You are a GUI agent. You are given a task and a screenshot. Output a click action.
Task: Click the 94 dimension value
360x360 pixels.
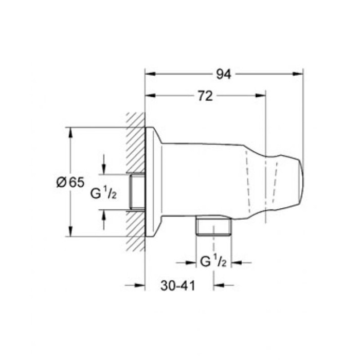[x=223, y=75]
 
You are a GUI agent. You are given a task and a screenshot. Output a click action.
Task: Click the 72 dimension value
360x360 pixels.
[x=205, y=96]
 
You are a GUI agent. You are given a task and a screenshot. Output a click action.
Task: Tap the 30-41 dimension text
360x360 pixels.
[x=177, y=285]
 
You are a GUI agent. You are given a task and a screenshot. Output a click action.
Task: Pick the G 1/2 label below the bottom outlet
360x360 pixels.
[x=212, y=262]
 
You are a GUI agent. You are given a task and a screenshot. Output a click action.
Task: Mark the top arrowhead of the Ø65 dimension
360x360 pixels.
[x=70, y=132]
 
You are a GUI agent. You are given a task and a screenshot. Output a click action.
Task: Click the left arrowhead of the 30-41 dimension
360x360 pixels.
[x=140, y=285]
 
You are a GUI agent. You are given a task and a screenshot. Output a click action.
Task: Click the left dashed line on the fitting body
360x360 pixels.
[x=249, y=180]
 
